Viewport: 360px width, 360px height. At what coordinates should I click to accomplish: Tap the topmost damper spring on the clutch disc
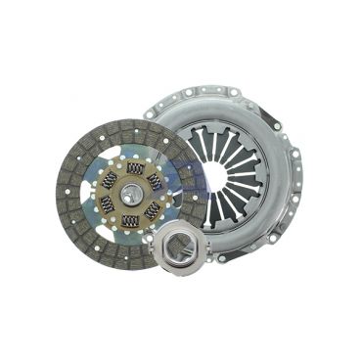135,168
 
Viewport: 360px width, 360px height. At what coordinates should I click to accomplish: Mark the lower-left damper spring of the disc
107,205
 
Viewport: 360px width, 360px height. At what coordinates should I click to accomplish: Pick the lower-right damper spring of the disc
152,210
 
